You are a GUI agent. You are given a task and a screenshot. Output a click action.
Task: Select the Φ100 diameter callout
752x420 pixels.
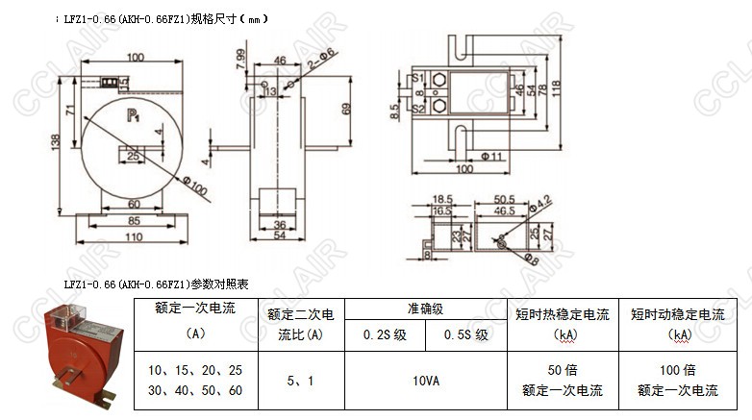(194, 185)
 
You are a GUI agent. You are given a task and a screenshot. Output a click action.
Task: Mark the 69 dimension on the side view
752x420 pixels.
(348, 109)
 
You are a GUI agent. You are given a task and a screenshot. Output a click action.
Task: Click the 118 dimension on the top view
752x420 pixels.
(556, 93)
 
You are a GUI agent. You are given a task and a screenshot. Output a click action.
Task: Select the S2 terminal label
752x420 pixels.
(417, 109)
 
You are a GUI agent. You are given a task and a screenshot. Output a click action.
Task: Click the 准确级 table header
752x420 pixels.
(424, 309)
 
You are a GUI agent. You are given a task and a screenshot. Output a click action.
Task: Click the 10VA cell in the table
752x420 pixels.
(425, 381)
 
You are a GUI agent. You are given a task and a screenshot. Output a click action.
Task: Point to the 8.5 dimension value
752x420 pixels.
(395, 111)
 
